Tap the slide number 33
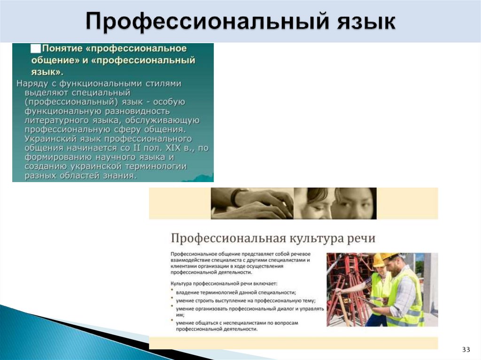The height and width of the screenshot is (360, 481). [x=466, y=350]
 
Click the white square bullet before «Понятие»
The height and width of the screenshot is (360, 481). [x=35, y=48]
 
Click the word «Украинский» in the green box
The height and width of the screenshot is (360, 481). [x=47, y=139]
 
